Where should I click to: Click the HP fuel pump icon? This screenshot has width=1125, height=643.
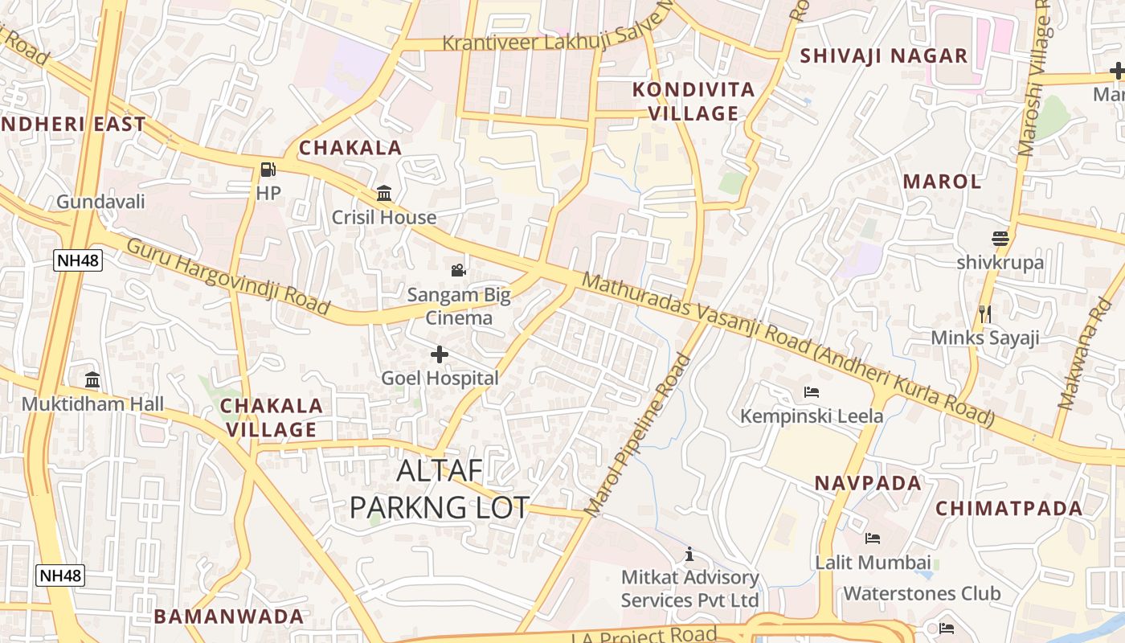point(268,170)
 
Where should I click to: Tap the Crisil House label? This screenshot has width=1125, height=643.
point(384,217)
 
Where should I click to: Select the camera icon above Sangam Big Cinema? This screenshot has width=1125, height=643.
point(458,270)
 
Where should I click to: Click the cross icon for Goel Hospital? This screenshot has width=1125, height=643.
point(440,354)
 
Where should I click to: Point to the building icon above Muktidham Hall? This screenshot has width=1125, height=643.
point(92,379)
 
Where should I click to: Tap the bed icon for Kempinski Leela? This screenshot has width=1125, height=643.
point(812,392)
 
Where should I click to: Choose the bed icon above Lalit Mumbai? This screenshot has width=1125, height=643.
point(873,539)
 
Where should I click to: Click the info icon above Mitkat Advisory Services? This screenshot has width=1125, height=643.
point(689,554)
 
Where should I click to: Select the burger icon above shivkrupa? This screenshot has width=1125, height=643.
point(1000,239)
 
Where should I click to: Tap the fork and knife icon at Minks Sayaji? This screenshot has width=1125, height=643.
point(985,313)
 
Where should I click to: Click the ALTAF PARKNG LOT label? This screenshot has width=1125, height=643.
point(440,489)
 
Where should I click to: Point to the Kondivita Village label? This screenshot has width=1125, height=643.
point(693,101)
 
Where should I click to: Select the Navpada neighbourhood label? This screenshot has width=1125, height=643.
point(868,483)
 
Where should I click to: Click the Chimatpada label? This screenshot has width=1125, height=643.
point(1009,508)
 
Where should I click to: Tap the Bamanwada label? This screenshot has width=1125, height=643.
point(229,616)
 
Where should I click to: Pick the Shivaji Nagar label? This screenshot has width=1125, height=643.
point(884,55)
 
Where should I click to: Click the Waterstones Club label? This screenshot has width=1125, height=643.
point(922,593)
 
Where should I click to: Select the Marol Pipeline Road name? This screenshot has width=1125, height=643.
point(638,435)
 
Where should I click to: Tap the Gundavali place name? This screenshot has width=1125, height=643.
point(100,201)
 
